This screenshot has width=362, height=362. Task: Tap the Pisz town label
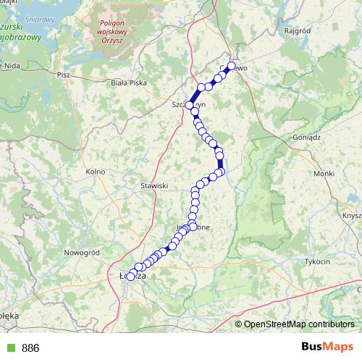pos(63,74)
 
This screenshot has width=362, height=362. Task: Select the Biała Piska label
pos(129,83)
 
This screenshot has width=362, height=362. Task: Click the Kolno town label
pos(95,171)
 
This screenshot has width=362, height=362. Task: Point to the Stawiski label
pos(153,185)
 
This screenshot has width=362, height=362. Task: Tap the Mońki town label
pos(324,174)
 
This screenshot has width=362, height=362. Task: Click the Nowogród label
pos(81,252)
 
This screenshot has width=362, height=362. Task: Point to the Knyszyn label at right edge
pos(353,216)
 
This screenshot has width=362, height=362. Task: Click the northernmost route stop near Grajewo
pos(232,66)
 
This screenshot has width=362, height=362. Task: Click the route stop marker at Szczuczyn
pos(190,106)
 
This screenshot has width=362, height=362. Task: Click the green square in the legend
pos(9,348)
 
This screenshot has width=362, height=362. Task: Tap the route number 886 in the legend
pos(30,348)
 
